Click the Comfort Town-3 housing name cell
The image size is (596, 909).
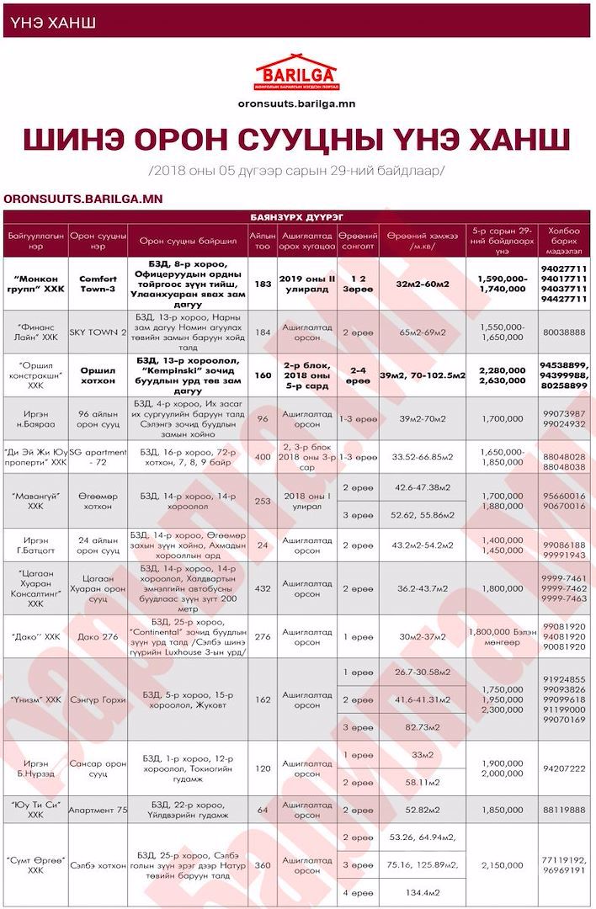pos(98,284)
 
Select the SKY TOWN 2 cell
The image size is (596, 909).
pos(98,332)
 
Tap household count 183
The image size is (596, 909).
pos(263,284)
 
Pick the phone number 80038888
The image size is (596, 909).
pos(564,332)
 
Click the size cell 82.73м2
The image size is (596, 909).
pos(422,726)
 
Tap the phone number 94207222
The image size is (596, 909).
pos(564,768)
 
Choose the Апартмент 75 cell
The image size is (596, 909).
pos(98,810)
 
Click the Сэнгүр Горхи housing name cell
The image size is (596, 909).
pos(98,699)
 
